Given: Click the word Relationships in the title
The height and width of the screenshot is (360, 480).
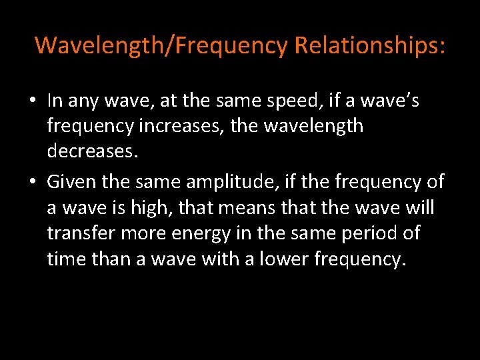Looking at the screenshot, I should tap(369, 45).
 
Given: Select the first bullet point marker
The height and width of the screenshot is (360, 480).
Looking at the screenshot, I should tap(33, 101).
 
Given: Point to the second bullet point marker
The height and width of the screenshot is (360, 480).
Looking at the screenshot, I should tap(33, 182).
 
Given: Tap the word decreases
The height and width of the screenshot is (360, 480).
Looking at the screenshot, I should tap(93, 151).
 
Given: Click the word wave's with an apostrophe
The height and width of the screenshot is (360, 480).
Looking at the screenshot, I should tap(395, 101).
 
